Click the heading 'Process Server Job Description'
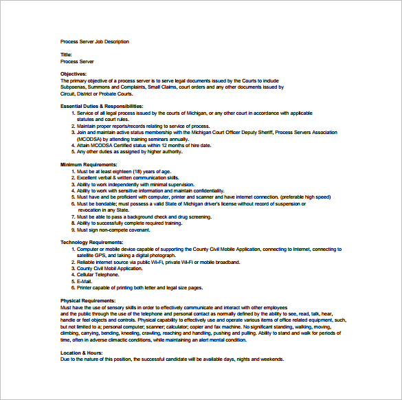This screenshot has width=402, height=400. click(x=94, y=42)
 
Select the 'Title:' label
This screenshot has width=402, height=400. click(x=66, y=55)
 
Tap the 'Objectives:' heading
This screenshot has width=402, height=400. click(x=74, y=74)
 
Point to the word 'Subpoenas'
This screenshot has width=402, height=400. click(x=74, y=87)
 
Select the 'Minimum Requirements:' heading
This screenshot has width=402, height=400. click(x=89, y=165)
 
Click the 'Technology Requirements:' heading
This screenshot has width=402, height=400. click(x=91, y=243)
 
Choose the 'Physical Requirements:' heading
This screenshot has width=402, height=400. click(x=87, y=301)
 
